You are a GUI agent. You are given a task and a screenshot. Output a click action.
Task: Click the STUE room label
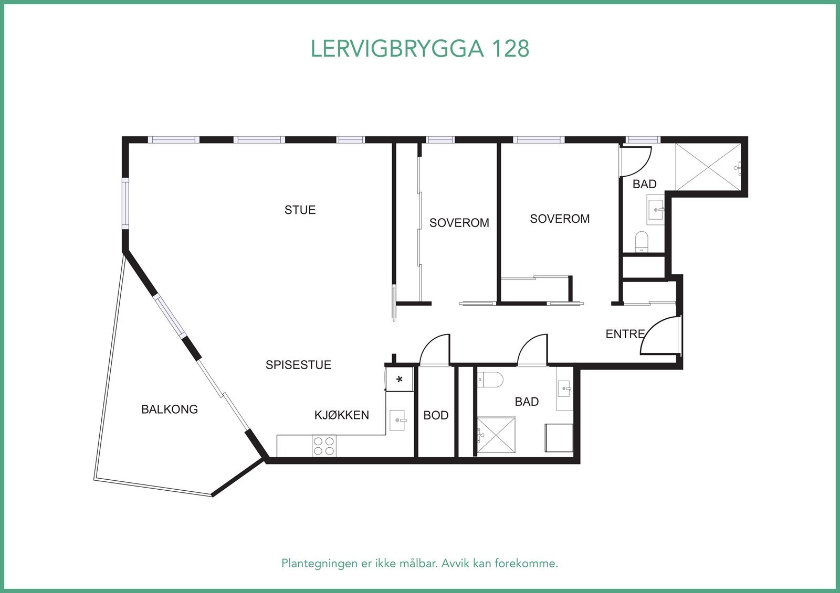300,210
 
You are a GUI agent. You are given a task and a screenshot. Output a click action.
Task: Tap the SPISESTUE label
298,365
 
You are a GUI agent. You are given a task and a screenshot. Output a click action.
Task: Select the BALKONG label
169,409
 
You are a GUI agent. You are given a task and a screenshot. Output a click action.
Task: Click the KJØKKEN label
341,415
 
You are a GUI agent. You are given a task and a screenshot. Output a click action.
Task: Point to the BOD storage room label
436,416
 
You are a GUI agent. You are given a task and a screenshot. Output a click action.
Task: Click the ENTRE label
625,334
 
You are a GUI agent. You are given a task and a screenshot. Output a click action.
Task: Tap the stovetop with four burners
323,446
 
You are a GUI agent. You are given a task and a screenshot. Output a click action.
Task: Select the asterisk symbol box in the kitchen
399,379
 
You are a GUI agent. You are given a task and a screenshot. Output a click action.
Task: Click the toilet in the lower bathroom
491,378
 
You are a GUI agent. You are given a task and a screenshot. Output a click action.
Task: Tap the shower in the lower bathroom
496,435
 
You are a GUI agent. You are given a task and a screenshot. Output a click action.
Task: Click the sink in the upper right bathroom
655,209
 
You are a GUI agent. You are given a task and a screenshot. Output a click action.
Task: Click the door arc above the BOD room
435,349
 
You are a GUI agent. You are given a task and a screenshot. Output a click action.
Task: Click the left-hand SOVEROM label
459,223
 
